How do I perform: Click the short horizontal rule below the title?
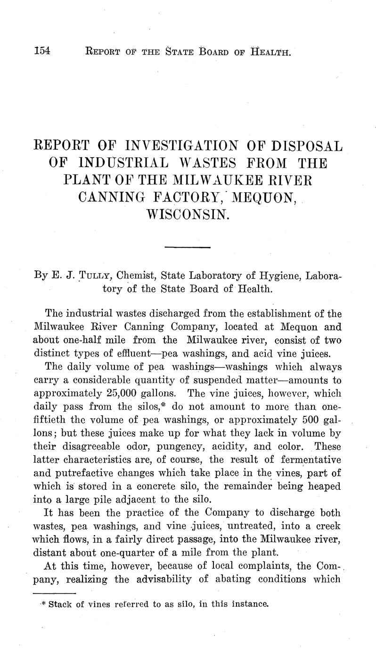[x=188, y=247]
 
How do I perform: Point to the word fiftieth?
[x=52, y=419]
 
